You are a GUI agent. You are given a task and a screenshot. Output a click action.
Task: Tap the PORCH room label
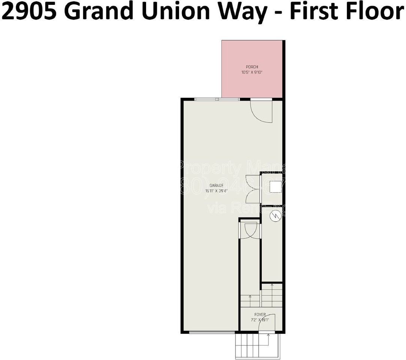[252, 67]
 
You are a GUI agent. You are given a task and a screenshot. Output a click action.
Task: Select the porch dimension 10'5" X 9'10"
[252, 72]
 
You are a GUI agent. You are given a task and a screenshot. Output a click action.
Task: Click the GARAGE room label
[216, 186]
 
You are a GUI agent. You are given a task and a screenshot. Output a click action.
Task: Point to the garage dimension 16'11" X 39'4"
[216, 191]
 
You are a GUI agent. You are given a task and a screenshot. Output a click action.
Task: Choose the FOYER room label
[260, 315]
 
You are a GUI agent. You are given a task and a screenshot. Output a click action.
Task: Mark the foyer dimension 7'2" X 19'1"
[260, 320]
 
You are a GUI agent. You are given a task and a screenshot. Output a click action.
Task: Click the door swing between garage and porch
[261, 111]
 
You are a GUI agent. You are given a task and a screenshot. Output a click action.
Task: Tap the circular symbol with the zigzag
[276, 216]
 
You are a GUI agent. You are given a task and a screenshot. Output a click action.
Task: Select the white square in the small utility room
[276, 186]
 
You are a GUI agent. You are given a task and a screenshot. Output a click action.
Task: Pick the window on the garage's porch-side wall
[217, 99]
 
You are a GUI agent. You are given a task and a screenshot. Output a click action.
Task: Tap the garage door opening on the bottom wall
[212, 332]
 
